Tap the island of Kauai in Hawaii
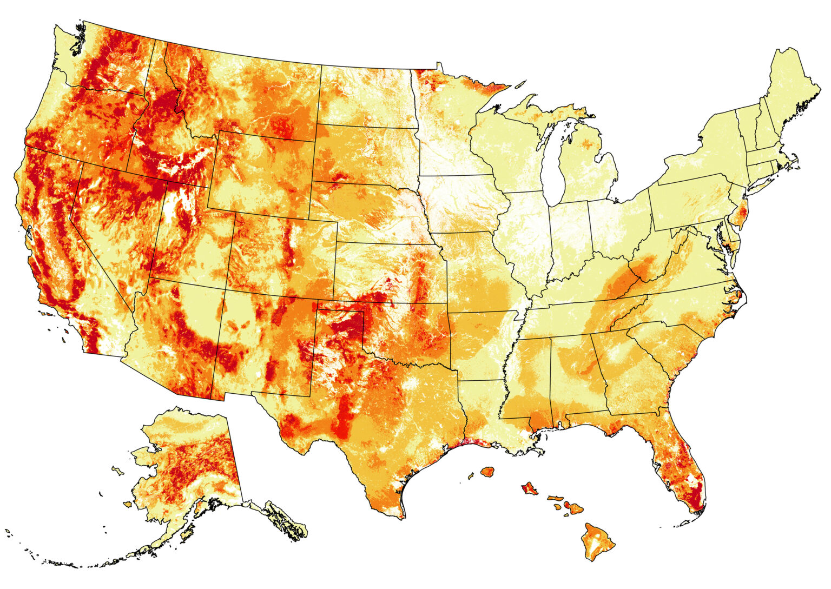pyautogui.click(x=489, y=472)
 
